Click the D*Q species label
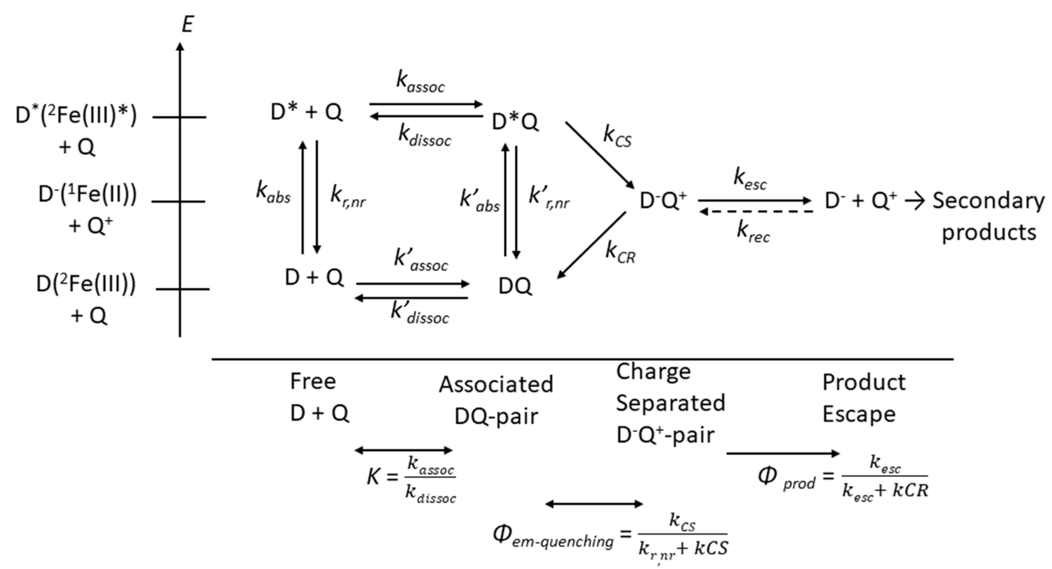pyautogui.click(x=515, y=122)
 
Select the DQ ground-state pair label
pyautogui.click(x=515, y=286)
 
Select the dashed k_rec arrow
pyautogui.click(x=756, y=212)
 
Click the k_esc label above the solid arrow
pyautogui.click(x=750, y=180)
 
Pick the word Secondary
pyautogui.click(x=988, y=201)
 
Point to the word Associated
pyautogui.click(x=496, y=384)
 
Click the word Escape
pyautogui.click(x=858, y=414)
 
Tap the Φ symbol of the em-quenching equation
pyautogui.click(x=502, y=533)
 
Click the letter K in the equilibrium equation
pyautogui.click(x=373, y=476)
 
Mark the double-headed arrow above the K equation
pyautogui.click(x=403, y=450)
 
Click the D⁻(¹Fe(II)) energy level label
pyautogui.click(x=88, y=195)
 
